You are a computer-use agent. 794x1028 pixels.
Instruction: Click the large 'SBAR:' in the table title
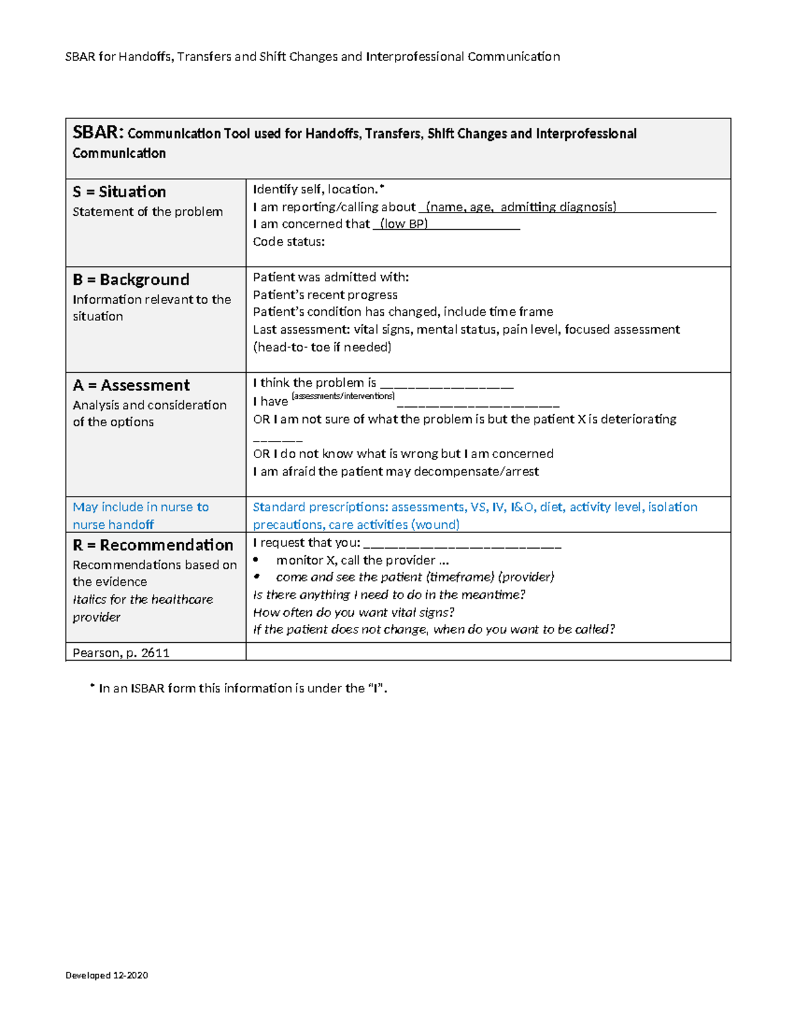pyautogui.click(x=98, y=132)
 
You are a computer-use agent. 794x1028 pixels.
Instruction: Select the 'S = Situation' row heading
pyautogui.click(x=119, y=192)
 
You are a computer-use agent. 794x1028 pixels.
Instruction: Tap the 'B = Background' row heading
pyautogui.click(x=131, y=279)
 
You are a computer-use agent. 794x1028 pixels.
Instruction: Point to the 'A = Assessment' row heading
pyautogui.click(x=131, y=385)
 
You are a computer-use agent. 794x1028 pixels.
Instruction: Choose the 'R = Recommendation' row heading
pyautogui.click(x=153, y=545)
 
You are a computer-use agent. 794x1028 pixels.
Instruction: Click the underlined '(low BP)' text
pyautogui.click(x=404, y=224)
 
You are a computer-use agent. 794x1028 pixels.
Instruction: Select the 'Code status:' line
pyautogui.click(x=288, y=242)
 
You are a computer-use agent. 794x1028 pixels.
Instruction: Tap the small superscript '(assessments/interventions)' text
pyautogui.click(x=343, y=396)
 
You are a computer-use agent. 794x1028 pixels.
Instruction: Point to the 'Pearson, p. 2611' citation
pyautogui.click(x=121, y=653)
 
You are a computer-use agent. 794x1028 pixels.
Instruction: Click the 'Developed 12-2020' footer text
pyautogui.click(x=107, y=975)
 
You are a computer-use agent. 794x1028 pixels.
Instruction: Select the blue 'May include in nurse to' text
pyautogui.click(x=141, y=507)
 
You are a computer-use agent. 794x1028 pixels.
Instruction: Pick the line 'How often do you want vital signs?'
pyautogui.click(x=353, y=612)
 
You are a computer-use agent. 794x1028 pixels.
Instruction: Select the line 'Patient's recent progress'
pyautogui.click(x=325, y=295)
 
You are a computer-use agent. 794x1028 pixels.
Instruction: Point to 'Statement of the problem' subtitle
pyautogui.click(x=148, y=212)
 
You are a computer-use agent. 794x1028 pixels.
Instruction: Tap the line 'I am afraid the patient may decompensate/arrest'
pyautogui.click(x=396, y=471)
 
